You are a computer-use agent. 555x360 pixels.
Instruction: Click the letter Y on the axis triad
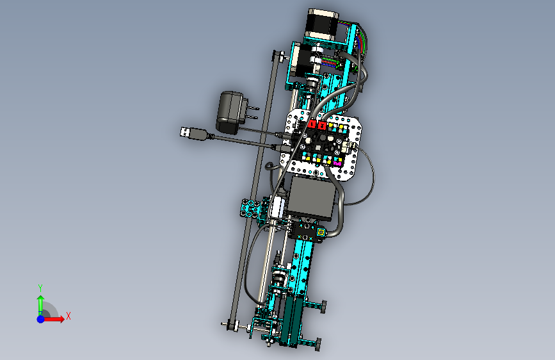(x=40, y=288)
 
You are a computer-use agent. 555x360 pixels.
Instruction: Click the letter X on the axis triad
(x=68, y=316)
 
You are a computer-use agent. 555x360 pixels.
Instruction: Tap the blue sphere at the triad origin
(x=41, y=319)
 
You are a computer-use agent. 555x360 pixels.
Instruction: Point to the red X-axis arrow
(x=54, y=319)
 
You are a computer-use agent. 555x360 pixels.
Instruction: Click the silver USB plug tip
(x=185, y=132)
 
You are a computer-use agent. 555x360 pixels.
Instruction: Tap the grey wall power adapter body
(x=229, y=112)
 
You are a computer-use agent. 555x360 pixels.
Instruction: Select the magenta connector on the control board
(x=337, y=162)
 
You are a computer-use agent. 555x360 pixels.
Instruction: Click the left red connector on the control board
(x=312, y=124)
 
